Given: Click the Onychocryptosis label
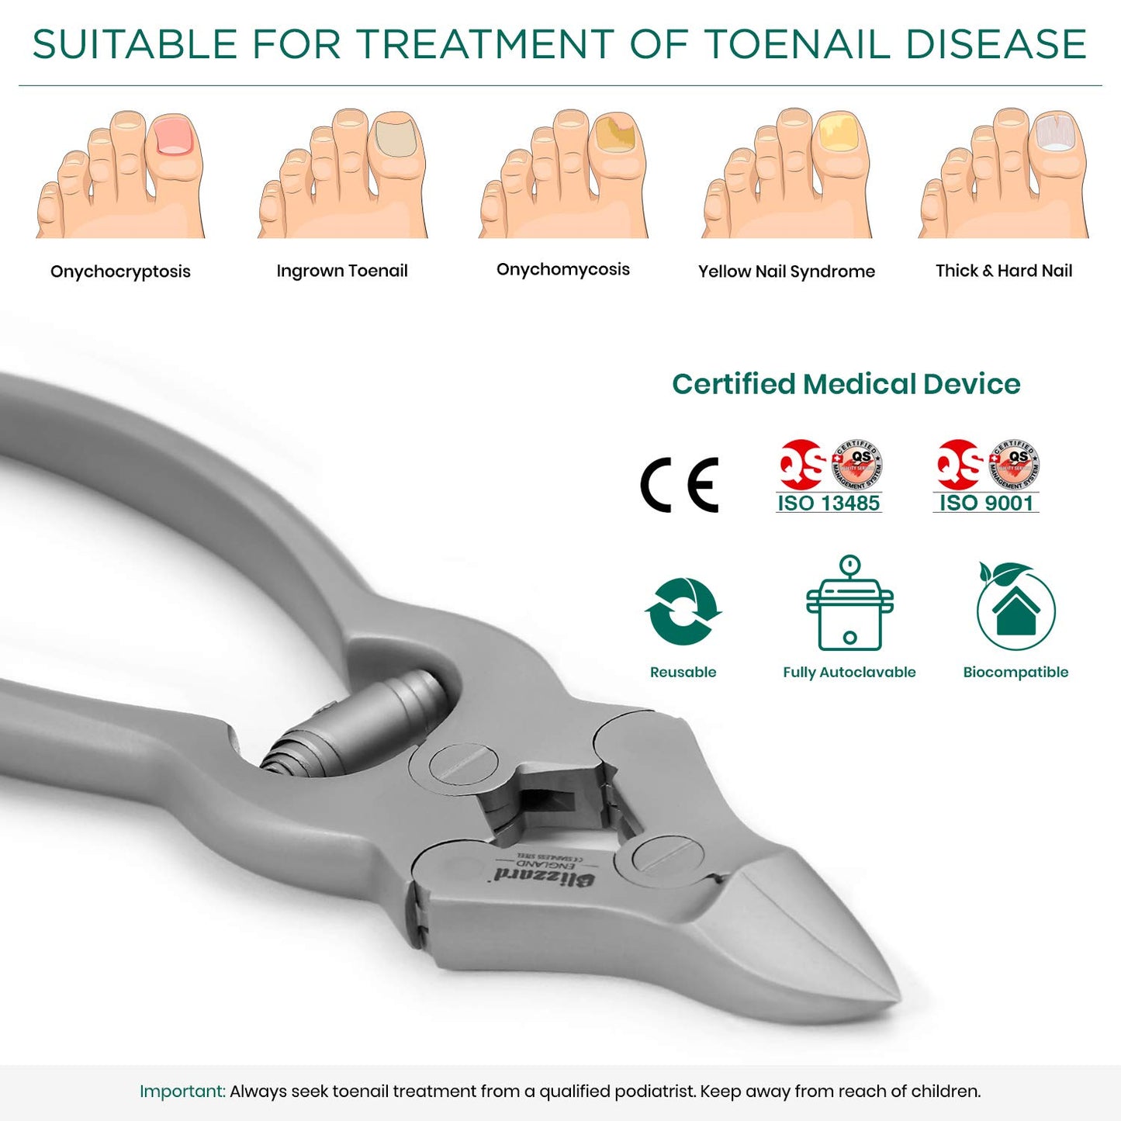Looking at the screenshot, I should (120, 272).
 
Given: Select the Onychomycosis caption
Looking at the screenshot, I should (563, 269).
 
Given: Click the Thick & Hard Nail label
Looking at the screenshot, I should (1004, 271).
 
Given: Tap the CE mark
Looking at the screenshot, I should (680, 485).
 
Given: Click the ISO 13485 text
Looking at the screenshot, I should (829, 503).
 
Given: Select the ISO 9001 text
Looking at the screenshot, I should (986, 503).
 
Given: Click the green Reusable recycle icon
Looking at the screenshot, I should (683, 611).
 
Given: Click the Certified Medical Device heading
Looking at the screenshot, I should (846, 384).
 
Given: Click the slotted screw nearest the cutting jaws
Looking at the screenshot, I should (668, 856).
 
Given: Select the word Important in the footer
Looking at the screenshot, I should (182, 1092).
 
